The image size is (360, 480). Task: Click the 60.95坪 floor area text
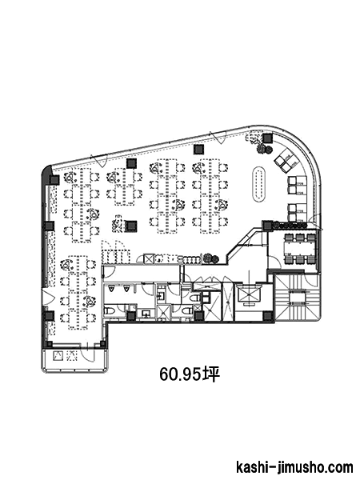[x=190, y=374]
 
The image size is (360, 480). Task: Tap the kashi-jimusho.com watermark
[x=294, y=468]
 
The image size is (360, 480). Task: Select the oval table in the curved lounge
[x=259, y=184]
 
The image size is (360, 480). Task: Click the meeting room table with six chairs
[x=300, y=248]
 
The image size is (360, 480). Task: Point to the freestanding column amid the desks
[x=132, y=226]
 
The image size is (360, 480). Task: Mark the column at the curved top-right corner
[x=267, y=138]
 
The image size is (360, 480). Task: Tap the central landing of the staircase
[x=298, y=298]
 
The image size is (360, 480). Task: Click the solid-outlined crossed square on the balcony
[x=58, y=356]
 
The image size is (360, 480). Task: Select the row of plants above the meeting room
[x=289, y=226]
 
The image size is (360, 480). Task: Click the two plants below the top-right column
[x=264, y=149]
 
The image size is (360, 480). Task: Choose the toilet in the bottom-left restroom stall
[x=110, y=312]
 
